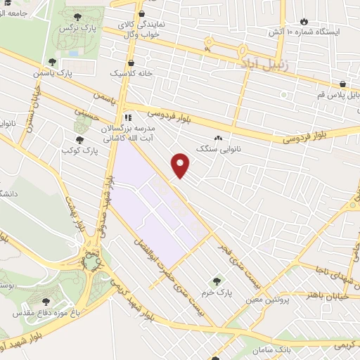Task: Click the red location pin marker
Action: coord(181,165)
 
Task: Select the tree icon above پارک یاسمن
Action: coord(52,62)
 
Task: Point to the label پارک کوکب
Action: coord(77,150)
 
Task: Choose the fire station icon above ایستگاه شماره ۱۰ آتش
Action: coord(304,22)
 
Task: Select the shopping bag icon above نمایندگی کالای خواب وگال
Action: coord(142,13)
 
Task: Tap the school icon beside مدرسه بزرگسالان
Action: coord(127,117)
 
